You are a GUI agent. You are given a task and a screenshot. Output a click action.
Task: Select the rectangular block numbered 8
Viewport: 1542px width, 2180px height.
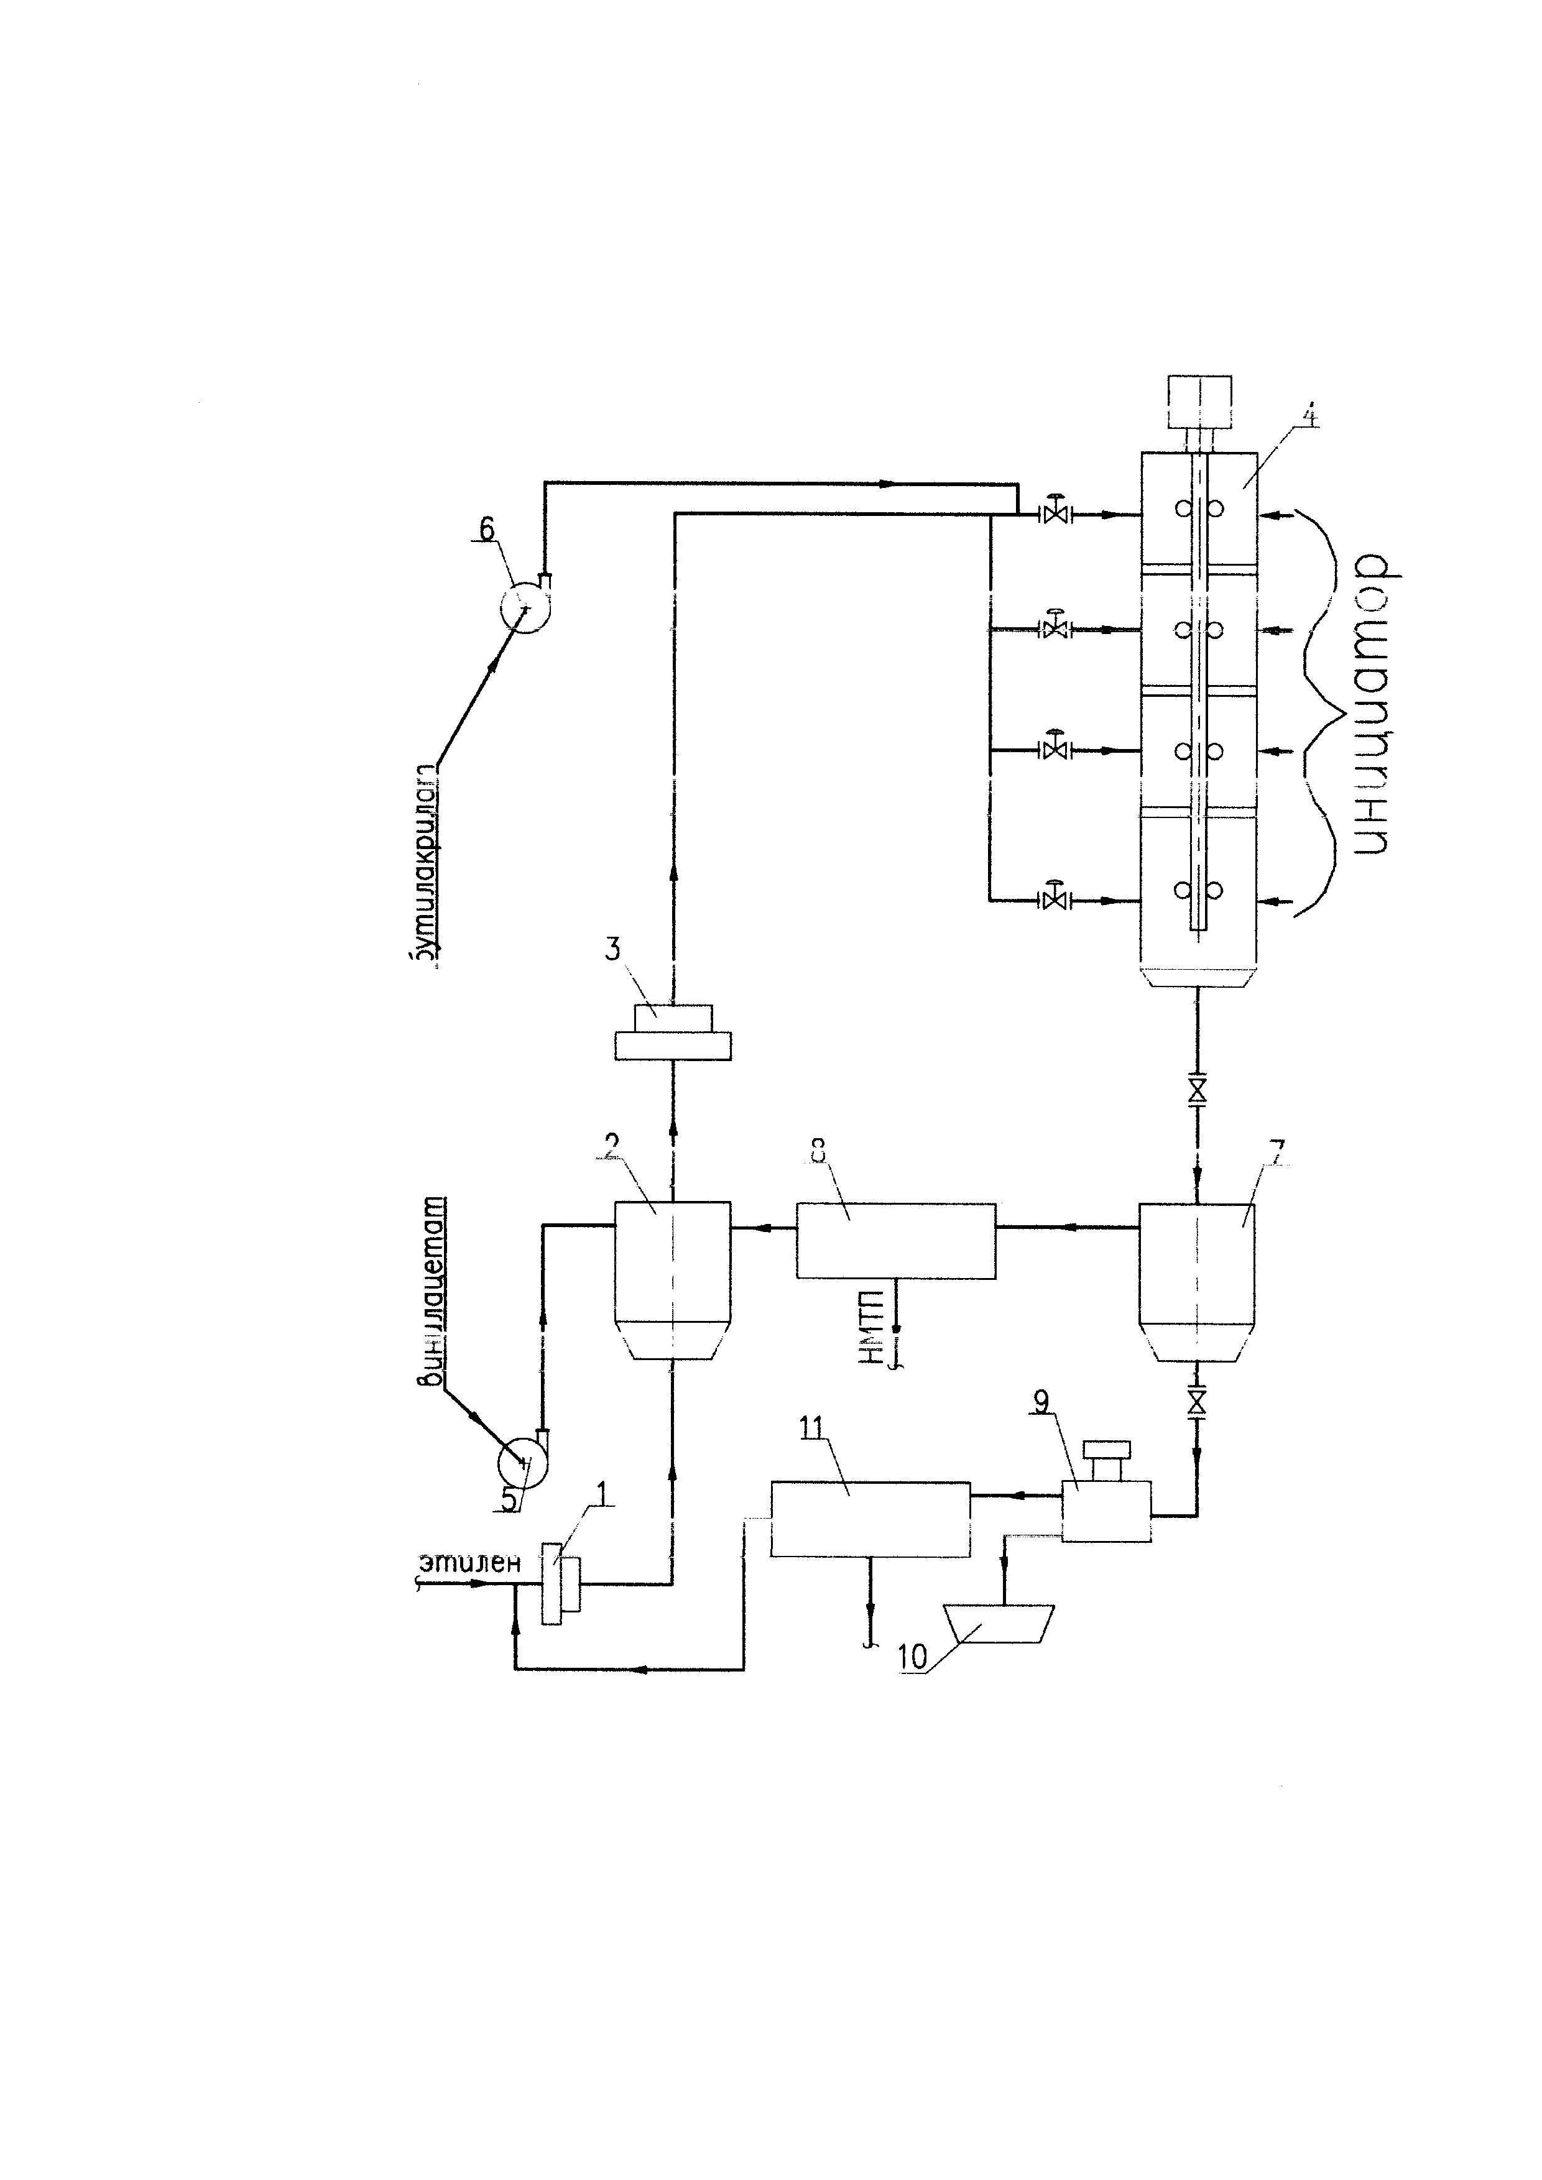895,1240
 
